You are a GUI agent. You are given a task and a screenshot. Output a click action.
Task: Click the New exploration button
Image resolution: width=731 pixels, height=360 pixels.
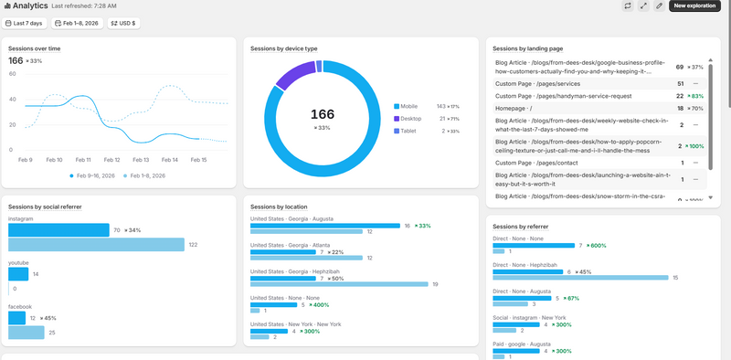[x=694, y=5]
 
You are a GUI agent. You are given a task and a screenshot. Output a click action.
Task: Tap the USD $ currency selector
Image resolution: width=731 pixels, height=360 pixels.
[x=124, y=22]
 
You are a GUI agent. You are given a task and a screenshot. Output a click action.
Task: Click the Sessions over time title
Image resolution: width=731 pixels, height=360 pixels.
[x=35, y=48]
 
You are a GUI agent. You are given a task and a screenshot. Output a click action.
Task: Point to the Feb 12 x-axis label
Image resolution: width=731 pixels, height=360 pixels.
[x=111, y=159]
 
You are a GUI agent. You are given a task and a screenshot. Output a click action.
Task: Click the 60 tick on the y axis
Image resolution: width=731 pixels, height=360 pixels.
[x=13, y=73]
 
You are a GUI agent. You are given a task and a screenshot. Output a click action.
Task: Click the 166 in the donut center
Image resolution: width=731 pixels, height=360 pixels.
[x=323, y=114]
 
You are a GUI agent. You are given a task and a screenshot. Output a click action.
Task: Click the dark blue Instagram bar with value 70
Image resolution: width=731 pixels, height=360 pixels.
[x=58, y=230]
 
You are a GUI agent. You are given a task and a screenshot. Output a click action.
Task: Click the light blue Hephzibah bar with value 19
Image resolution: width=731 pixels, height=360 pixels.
[x=339, y=284]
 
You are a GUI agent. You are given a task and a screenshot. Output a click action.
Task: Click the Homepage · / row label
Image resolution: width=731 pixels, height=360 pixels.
[x=517, y=108]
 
